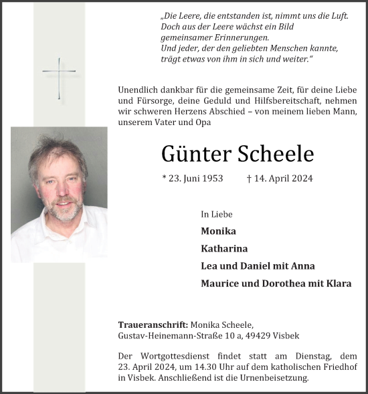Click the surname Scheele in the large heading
pos(276,154)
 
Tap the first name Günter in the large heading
pos(195,154)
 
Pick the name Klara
pos(338,283)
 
